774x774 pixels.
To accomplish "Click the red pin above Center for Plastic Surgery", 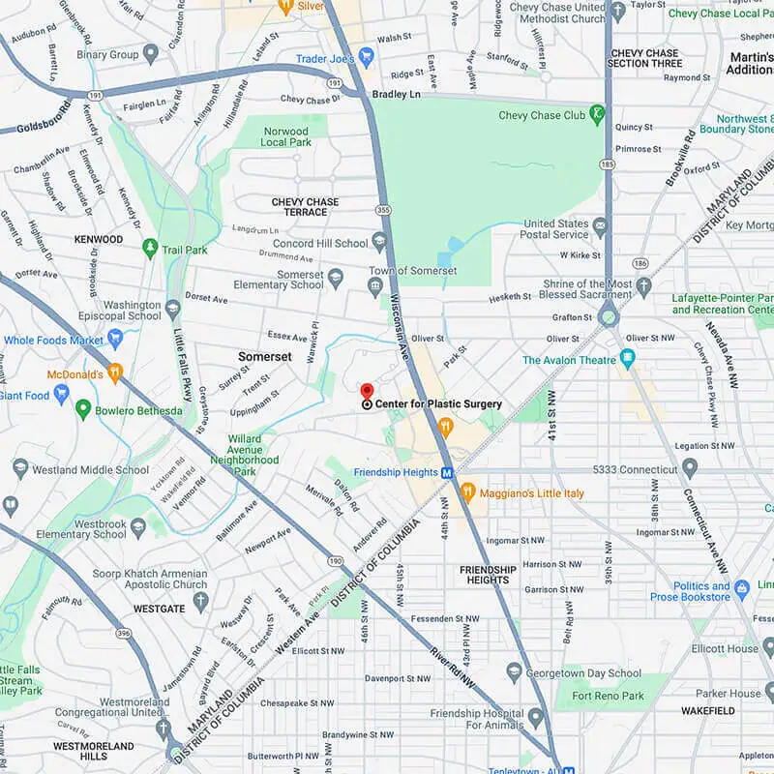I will pos(367,391).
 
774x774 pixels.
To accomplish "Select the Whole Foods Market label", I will pos(53,341).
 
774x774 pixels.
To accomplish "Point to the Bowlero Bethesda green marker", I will pos(83,410).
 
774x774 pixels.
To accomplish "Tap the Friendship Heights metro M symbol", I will pos(446,472).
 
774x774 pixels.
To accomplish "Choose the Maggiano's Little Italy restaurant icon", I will pos(467,491).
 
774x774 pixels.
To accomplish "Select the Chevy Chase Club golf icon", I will pos(598,116).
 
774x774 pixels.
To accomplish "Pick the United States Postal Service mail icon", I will pos(600,227).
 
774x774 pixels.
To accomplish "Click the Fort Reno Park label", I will pos(608,696).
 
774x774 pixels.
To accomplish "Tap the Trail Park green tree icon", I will pos(149,250).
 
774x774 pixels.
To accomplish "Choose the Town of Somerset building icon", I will pos(375,285).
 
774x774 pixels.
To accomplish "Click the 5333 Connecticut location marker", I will pos(689,469).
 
